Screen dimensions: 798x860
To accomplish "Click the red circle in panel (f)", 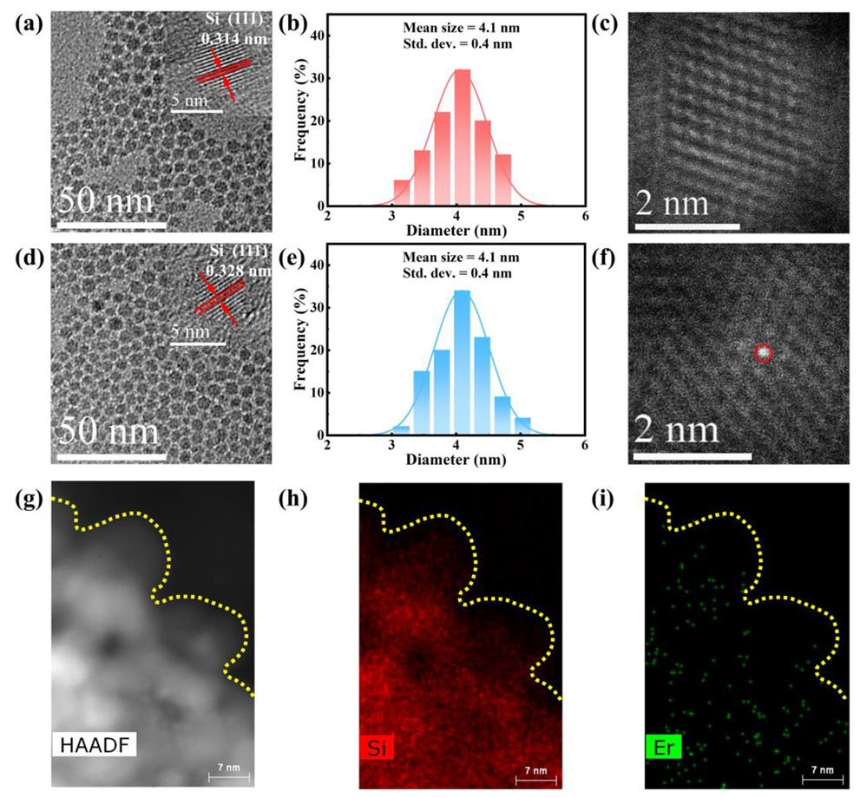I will point(762,353).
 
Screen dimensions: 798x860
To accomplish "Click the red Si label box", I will point(377,745).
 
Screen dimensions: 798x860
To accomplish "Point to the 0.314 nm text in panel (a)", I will point(228,38).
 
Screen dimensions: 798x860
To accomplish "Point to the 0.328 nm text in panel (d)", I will point(234,270).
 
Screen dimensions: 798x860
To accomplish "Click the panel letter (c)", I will point(604,25).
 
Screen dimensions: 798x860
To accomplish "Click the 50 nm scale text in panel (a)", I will point(106,201).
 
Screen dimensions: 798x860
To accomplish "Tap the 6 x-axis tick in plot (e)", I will point(585,446).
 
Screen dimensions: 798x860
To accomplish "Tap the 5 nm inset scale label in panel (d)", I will point(187,331).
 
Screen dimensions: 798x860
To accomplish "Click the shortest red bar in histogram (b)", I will point(402,193).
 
